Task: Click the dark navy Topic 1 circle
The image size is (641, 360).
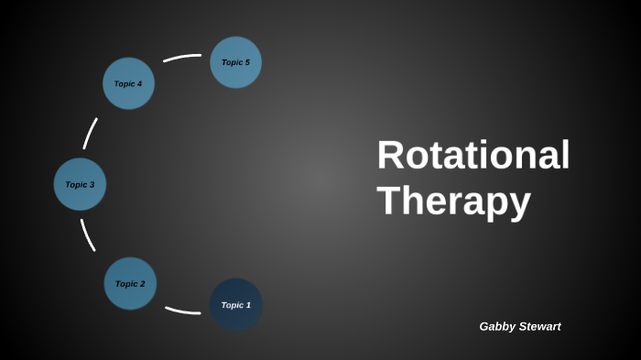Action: [x=236, y=305]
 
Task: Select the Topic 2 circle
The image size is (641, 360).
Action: [x=130, y=283]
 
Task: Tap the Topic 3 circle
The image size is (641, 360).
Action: [x=80, y=184]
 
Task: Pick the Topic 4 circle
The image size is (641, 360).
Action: [x=128, y=83]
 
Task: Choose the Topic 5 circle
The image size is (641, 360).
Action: [x=235, y=62]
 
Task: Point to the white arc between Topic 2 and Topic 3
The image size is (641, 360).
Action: [x=87, y=235]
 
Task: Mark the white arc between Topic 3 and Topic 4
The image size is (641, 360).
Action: [x=90, y=134]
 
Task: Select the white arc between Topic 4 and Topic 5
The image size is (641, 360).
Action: [x=181, y=58]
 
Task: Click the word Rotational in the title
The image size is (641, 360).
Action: [x=473, y=155]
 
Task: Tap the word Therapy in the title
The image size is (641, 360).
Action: [x=453, y=201]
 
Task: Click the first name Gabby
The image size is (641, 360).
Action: [x=498, y=326]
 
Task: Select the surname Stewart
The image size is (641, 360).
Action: [x=541, y=326]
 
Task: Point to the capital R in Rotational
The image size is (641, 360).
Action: [x=390, y=155]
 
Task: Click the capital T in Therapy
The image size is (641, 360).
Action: [x=388, y=201]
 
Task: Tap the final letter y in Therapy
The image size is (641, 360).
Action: [x=519, y=205]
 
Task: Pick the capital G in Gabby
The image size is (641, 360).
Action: [x=484, y=326]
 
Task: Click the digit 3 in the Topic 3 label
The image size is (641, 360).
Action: [x=92, y=184]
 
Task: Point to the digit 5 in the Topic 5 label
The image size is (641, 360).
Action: [x=247, y=62]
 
